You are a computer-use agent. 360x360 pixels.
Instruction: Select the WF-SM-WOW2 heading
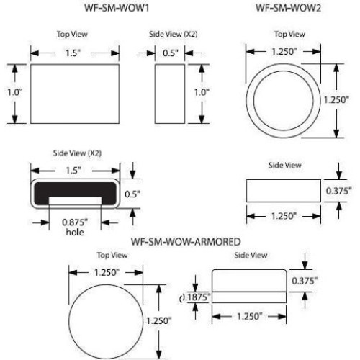(x=287, y=8)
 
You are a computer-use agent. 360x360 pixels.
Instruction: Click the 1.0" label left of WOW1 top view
(x=14, y=92)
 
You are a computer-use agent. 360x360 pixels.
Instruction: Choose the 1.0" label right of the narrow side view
(x=202, y=92)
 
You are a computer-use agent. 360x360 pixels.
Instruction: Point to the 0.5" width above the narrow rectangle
(x=170, y=52)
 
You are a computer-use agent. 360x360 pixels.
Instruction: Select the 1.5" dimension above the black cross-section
(x=72, y=168)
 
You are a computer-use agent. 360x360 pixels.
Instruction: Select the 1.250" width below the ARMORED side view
(x=248, y=317)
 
